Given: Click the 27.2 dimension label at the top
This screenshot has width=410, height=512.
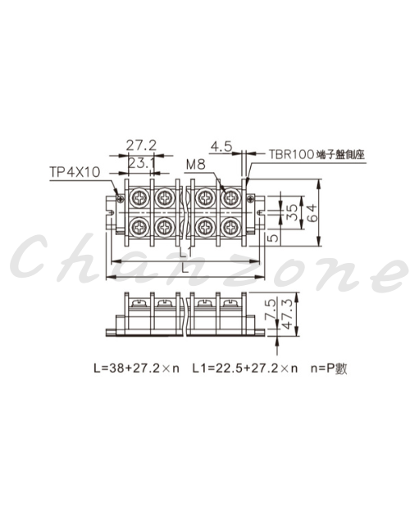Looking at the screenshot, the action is (x=141, y=145).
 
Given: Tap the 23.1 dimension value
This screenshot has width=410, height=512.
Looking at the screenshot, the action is (x=141, y=163).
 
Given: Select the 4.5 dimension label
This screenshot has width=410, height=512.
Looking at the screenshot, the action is (x=221, y=147).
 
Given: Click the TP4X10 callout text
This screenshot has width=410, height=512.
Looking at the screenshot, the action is (x=75, y=172).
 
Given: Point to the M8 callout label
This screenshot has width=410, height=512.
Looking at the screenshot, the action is (x=195, y=164).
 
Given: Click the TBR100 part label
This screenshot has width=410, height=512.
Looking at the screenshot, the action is (x=291, y=154).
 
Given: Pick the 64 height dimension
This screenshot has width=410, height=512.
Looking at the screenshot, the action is (x=312, y=213).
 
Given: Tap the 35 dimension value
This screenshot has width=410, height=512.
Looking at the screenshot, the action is (x=293, y=212).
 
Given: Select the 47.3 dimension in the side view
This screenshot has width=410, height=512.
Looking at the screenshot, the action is (x=287, y=314).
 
